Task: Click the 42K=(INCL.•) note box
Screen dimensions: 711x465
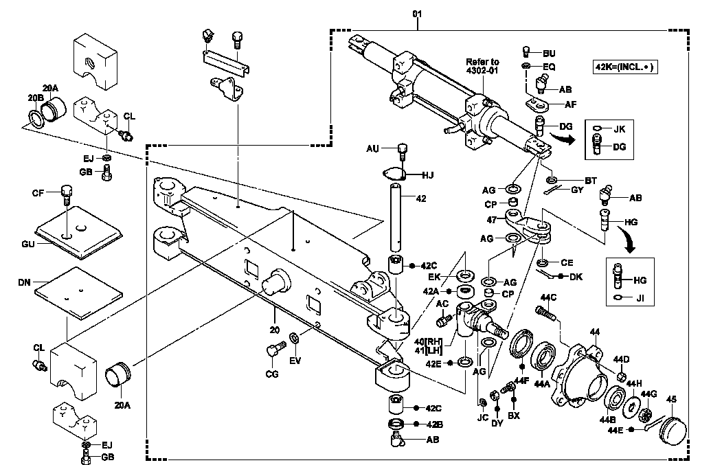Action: pos(625,67)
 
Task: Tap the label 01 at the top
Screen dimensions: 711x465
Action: pos(417,14)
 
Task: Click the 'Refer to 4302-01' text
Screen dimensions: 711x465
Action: pos(482,66)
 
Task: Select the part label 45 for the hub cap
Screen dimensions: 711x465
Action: pos(672,399)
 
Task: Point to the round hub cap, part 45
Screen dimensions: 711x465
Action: pos(673,429)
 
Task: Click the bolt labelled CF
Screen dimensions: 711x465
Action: pos(66,194)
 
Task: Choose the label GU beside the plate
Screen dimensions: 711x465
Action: pos(28,245)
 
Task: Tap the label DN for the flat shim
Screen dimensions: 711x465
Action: pos(25,282)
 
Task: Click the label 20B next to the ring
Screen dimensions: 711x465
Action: pos(35,98)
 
